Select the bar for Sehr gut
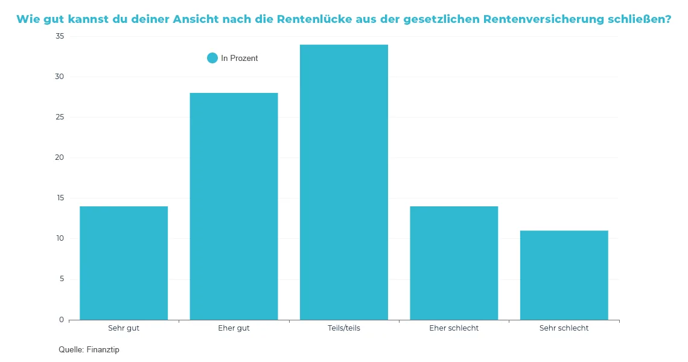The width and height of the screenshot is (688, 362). click(124, 263)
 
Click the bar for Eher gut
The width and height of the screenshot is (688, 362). click(234, 206)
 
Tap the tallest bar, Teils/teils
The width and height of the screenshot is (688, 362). click(344, 182)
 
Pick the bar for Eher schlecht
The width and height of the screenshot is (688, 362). click(454, 263)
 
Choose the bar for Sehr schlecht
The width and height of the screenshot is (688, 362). click(564, 275)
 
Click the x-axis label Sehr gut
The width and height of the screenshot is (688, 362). click(124, 328)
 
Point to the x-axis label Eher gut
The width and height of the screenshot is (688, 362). click(234, 328)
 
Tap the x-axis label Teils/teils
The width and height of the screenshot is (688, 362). click(344, 328)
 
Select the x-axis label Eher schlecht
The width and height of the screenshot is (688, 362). click(454, 328)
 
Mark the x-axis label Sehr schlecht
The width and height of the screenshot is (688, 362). click(564, 328)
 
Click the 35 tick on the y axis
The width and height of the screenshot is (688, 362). click(59, 36)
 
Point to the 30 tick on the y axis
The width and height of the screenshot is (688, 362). click(59, 77)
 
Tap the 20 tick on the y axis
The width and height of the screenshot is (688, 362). click(59, 157)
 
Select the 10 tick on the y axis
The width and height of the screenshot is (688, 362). click(59, 238)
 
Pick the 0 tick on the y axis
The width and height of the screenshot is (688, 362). click(61, 319)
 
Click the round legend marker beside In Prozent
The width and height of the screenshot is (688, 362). click(212, 58)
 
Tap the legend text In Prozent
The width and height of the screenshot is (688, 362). click(240, 59)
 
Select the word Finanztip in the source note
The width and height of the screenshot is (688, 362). click(103, 350)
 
